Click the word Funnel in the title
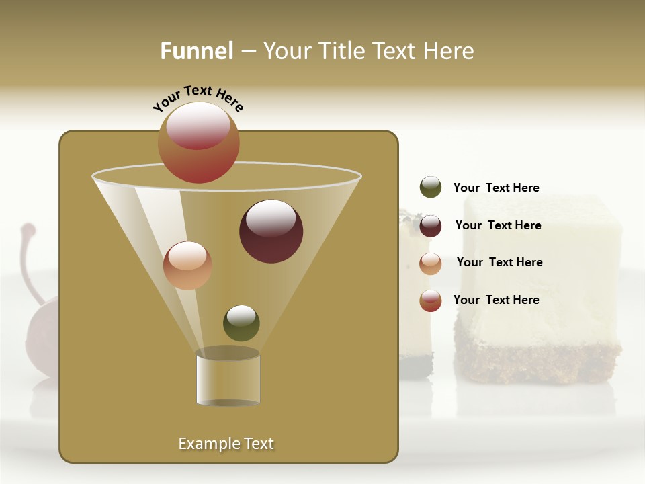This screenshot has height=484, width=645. pyautogui.click(x=196, y=50)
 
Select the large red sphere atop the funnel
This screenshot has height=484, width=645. pyautogui.click(x=199, y=142)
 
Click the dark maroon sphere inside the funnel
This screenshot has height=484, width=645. pyautogui.click(x=271, y=231)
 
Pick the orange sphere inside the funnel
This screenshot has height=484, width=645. pyautogui.click(x=187, y=266)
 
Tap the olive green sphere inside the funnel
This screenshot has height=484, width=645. pyautogui.click(x=241, y=323)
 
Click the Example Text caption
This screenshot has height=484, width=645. pyautogui.click(x=226, y=444)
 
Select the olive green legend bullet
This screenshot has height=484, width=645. pyautogui.click(x=431, y=188)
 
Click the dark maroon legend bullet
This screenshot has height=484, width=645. pyautogui.click(x=431, y=226)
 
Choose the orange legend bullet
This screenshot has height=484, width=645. pyautogui.click(x=431, y=264)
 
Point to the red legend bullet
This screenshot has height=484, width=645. pyautogui.click(x=431, y=300)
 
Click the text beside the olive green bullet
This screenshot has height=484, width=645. pyautogui.click(x=496, y=188)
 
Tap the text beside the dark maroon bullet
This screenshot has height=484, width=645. pyautogui.click(x=498, y=225)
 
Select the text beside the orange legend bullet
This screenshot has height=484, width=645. pyautogui.click(x=499, y=262)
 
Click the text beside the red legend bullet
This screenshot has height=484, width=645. pyautogui.click(x=496, y=300)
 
